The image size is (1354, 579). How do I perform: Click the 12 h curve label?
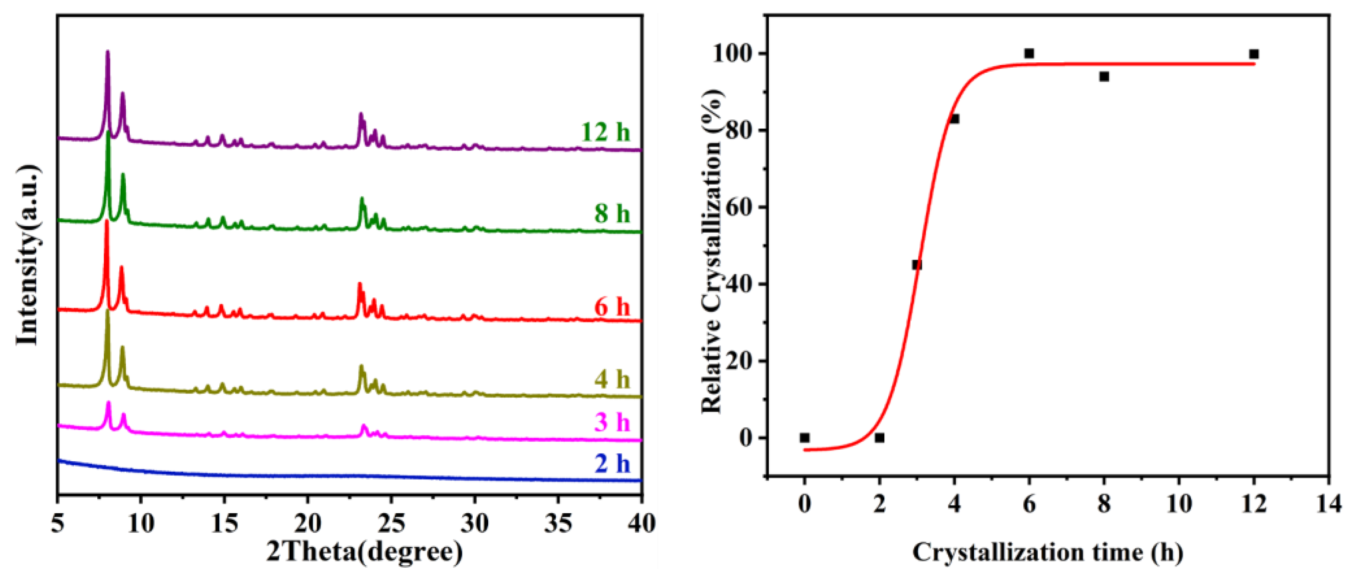point(605,132)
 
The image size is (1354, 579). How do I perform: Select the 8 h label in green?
point(612,213)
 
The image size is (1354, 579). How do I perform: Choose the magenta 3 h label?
point(612,422)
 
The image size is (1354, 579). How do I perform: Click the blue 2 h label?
point(612,463)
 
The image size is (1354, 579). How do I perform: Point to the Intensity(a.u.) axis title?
point(27,255)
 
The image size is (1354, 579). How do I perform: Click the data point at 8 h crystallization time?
point(1104,77)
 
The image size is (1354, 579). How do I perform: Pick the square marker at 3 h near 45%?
point(917,264)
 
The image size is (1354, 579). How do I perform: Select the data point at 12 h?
point(1254,54)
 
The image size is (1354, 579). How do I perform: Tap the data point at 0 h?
point(804,437)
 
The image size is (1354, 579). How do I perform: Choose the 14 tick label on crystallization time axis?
point(1328,504)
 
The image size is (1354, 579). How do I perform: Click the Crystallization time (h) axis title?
point(1047,552)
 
